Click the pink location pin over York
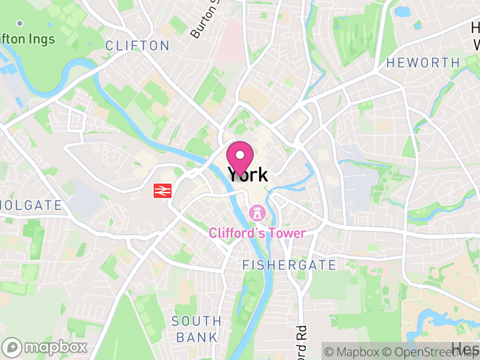tap(240, 157)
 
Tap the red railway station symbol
tap(161, 190)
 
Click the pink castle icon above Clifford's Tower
tap(257, 213)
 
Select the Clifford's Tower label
tap(257, 233)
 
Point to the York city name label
tap(247, 175)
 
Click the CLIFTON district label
tap(137, 46)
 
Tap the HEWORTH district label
tap(423, 62)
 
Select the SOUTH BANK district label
tap(197, 329)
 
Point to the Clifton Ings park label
tap(27, 40)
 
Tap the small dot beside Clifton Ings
tap(20, 23)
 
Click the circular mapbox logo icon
tap(12, 347)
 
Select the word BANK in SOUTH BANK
tap(197, 337)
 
